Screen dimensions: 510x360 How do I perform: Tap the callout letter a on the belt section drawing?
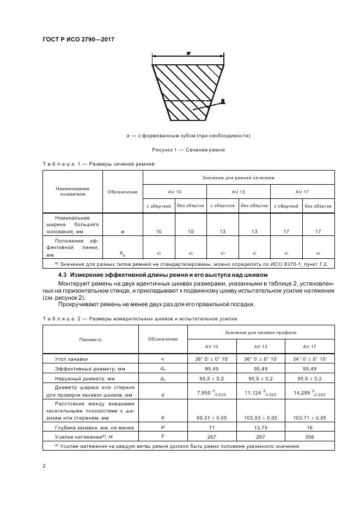pyautogui.click(x=223, y=101)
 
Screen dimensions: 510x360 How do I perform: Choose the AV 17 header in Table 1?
pyautogui.click(x=302, y=192)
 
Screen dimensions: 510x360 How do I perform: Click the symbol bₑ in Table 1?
pyautogui.click(x=122, y=253)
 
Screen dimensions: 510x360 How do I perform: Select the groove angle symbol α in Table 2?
pyautogui.click(x=162, y=359)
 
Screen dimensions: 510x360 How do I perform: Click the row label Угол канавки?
pyautogui.click(x=71, y=359)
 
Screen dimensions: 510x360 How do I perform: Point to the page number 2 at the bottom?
pyautogui.click(x=44, y=466)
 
